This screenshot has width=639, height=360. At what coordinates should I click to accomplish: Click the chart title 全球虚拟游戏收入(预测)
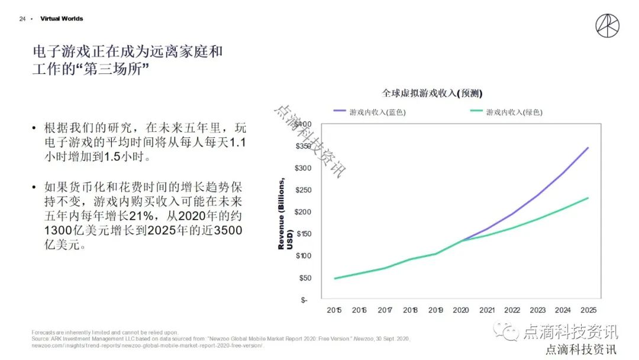coord(432,93)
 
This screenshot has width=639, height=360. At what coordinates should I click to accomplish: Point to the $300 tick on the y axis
coord(303,168)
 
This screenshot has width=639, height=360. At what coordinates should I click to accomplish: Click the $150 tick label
coord(303,234)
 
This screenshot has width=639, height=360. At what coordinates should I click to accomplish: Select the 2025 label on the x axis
coord(588,310)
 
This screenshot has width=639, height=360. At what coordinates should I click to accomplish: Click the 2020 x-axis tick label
coord(461,310)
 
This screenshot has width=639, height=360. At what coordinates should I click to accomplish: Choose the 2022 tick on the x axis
coord(512,310)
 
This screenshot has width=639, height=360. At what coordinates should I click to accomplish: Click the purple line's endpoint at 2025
coord(588,147)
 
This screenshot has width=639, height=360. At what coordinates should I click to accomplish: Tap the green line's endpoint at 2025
coord(588,198)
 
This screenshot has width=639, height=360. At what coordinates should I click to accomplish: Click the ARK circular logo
coord(608,26)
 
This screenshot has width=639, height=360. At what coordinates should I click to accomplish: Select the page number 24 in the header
coord(22,19)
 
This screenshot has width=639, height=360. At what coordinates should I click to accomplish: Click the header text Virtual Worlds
coord(62,19)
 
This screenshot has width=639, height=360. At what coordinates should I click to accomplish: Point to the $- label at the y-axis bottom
coord(304,300)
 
